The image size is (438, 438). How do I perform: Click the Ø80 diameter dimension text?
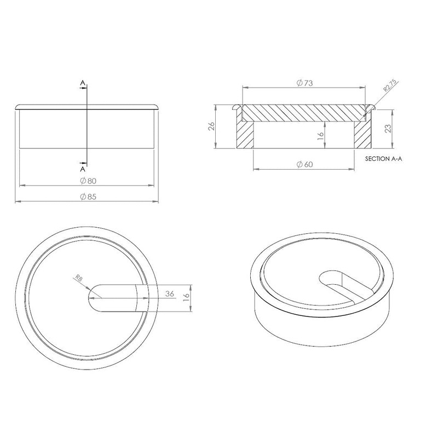88,181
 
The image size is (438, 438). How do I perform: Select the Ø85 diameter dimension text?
88,197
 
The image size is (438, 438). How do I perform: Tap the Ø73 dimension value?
304,83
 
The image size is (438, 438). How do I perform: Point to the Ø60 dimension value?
304,164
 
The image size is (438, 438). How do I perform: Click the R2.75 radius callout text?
390,85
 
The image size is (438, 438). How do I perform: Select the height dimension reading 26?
211,126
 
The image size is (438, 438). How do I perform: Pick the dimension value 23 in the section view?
388,129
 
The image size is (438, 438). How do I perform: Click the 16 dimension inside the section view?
320,135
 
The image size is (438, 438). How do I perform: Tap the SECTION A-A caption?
384,159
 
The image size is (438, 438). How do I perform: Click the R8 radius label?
79,278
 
